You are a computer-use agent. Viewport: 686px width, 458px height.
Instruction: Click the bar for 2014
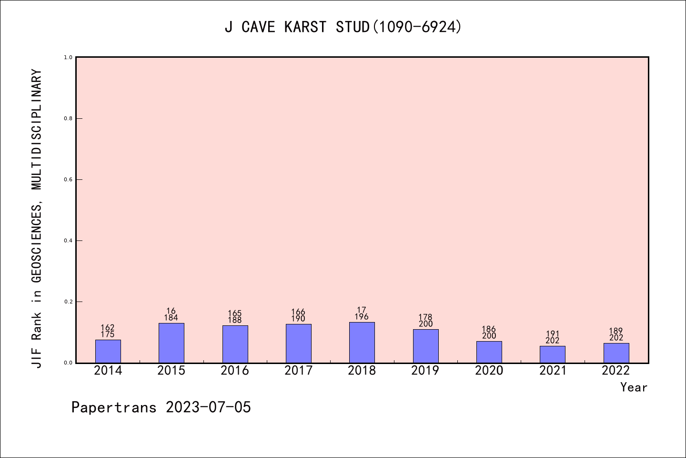108,351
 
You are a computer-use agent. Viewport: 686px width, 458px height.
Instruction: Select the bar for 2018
362,343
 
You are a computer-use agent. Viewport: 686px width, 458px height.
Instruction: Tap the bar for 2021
553,354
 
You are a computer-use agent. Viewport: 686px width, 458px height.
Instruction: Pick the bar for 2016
235,344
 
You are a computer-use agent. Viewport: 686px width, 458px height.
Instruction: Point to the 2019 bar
426,346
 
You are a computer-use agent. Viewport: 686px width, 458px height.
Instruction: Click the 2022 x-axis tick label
616,371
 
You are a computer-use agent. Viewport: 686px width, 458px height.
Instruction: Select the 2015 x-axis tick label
171,371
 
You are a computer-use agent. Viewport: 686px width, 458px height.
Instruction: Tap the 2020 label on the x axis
489,371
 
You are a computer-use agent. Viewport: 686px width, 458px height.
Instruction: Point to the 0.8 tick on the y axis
68,118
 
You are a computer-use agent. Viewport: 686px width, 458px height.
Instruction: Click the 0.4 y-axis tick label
68,241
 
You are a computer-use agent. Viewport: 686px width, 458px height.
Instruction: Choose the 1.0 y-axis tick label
68,57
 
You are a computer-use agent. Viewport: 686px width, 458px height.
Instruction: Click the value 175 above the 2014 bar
108,334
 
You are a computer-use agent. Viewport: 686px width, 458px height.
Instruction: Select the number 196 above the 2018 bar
362,317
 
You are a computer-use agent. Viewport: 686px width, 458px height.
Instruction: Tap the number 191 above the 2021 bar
553,334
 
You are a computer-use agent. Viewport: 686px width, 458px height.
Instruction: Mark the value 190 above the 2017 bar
298,319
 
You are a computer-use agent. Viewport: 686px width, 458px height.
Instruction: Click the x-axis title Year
634,387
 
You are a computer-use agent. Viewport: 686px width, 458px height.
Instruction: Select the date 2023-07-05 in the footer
208,407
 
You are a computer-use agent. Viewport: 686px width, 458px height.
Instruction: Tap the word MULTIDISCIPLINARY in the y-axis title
37,129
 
